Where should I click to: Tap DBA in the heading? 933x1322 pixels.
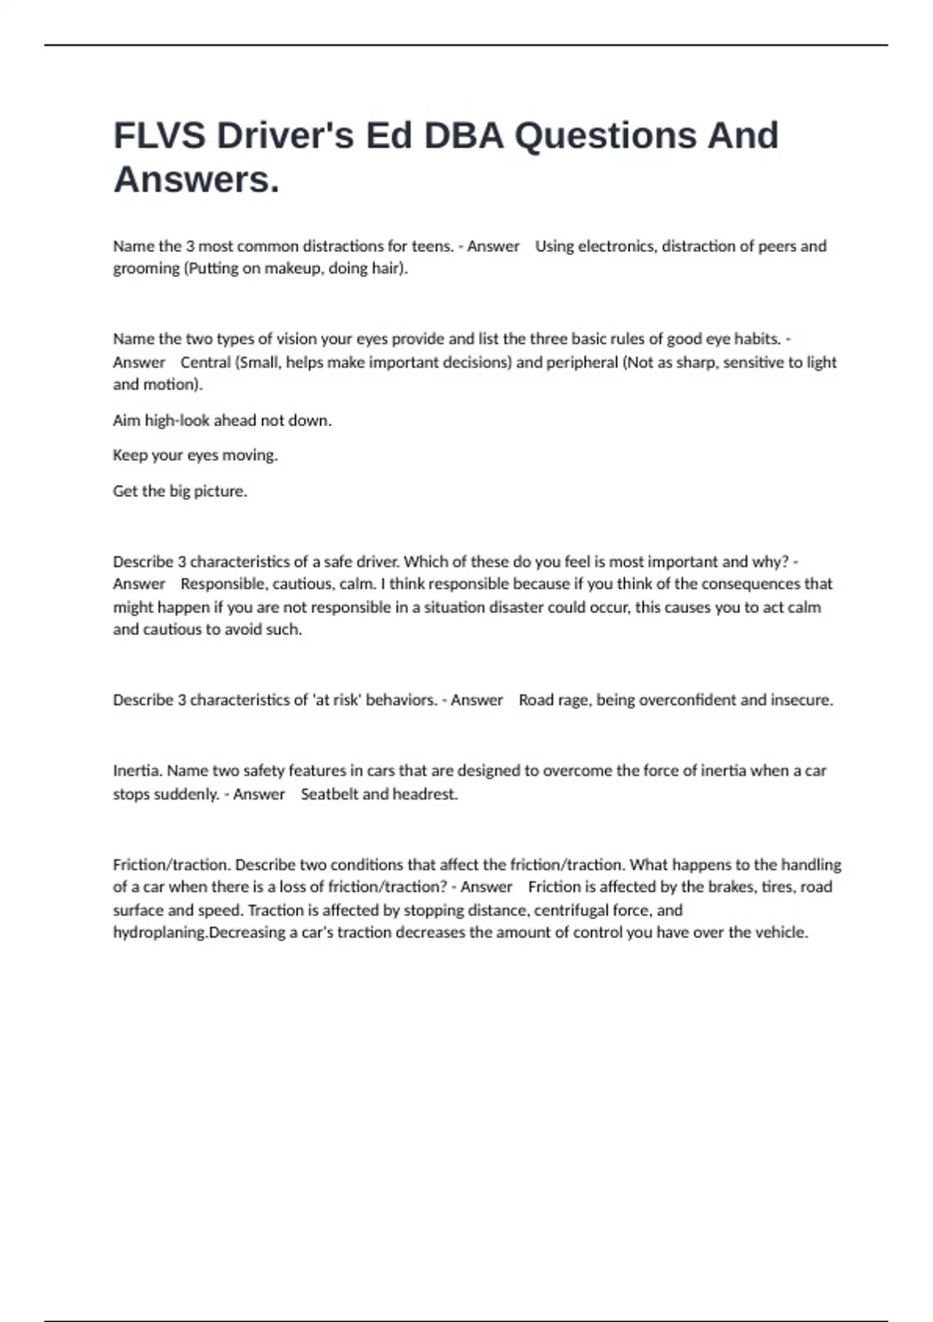[464, 136]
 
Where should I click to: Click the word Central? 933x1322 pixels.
[206, 362]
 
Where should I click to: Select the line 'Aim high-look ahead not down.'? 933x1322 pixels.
[222, 421]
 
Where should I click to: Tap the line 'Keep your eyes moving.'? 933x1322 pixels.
[195, 456]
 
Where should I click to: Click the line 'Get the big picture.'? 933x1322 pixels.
[180, 491]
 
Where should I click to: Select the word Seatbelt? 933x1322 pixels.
[329, 794]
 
